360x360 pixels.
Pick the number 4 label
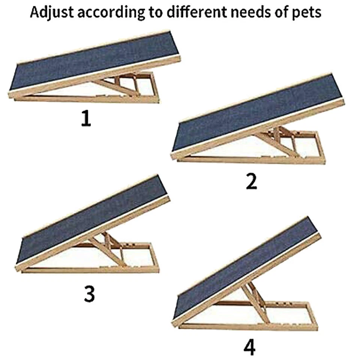tap(249, 348)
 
